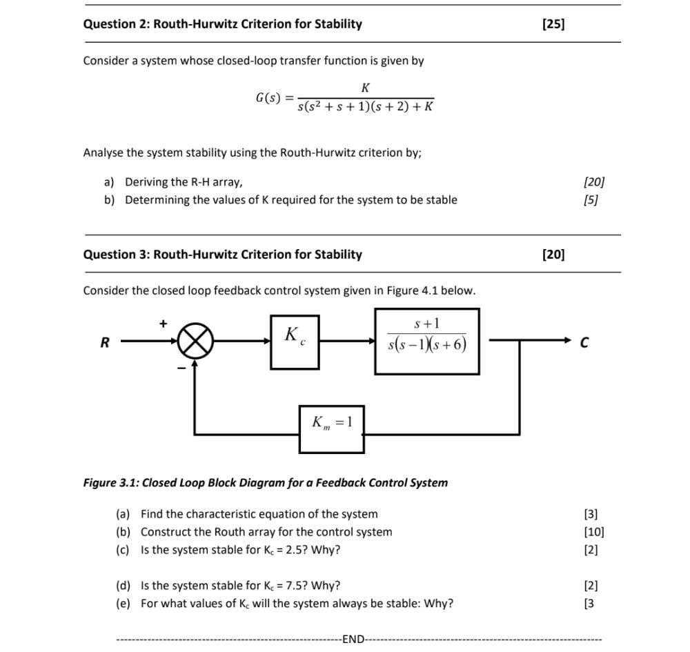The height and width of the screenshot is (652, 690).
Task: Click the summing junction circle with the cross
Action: [x=194, y=341]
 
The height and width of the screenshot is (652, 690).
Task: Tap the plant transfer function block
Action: [x=427, y=341]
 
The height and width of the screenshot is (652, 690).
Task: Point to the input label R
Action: [x=105, y=342]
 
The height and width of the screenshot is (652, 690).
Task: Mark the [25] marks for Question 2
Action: [x=553, y=24]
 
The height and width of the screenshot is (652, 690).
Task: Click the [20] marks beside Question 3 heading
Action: [x=553, y=255]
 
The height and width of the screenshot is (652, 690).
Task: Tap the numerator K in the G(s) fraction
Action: [x=365, y=88]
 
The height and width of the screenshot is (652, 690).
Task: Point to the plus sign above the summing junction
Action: [x=164, y=322]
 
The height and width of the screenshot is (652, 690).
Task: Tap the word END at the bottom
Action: [x=353, y=638]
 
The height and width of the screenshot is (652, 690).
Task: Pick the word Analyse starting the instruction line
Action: [x=104, y=152]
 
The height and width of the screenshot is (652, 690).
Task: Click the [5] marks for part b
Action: [x=590, y=200]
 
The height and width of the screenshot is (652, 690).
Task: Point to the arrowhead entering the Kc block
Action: [x=266, y=341]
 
